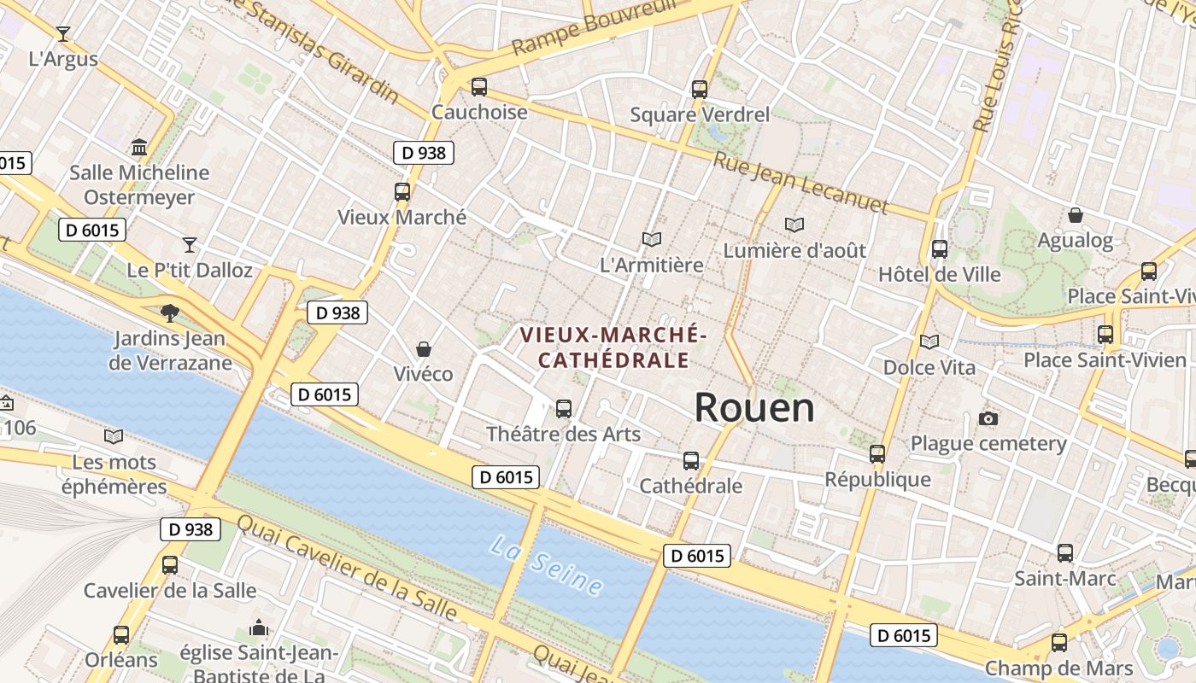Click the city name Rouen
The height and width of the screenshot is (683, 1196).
tap(753, 408)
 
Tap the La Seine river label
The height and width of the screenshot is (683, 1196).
tap(547, 565)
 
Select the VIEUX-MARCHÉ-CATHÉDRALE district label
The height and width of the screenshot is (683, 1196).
tap(613, 347)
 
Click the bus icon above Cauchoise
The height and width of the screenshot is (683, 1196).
tap(478, 87)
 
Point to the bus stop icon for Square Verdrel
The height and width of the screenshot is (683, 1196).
tap(699, 89)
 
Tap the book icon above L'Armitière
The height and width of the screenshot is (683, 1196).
tap(652, 240)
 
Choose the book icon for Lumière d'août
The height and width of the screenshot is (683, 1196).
tap(794, 225)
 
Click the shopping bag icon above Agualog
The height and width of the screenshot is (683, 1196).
tap(1075, 215)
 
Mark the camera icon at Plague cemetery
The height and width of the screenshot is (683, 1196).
tap(988, 418)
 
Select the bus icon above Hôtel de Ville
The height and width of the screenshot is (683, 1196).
tap(940, 249)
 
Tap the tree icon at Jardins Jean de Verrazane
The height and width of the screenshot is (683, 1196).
tap(170, 313)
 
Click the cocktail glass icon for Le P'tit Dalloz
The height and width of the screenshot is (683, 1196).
tap(190, 245)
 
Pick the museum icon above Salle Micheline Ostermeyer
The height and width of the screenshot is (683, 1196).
tap(139, 148)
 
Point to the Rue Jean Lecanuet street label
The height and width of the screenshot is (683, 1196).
tap(800, 184)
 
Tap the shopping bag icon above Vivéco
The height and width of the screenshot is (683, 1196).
tap(423, 349)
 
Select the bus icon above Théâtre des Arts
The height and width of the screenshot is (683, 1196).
tap(563, 409)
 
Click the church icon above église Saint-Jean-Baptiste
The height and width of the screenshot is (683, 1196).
tap(259, 629)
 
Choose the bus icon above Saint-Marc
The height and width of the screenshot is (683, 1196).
tap(1064, 553)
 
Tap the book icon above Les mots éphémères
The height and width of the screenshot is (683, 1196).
tap(114, 437)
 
